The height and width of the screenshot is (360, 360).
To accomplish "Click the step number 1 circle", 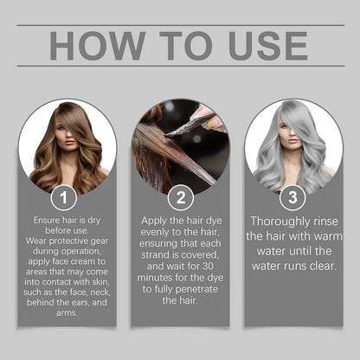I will point(63,199).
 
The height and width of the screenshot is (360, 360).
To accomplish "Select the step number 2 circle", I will point(180,199).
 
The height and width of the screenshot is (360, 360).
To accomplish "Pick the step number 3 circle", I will point(293,199).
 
